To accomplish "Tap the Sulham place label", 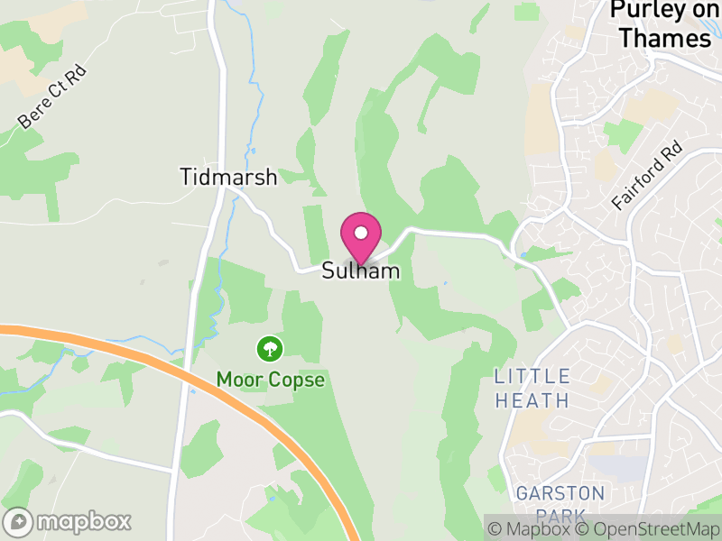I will pyautogui.click(x=360, y=270).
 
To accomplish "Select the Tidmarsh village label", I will pyautogui.click(x=228, y=177).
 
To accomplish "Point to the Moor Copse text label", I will pyautogui.click(x=270, y=380).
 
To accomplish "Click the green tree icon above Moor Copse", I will pyautogui.click(x=269, y=348).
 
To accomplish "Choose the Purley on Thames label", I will pyautogui.click(x=666, y=24).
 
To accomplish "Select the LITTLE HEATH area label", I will pyautogui.click(x=532, y=388).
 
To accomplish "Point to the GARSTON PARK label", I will pyautogui.click(x=560, y=504).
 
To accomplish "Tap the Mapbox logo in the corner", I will pyautogui.click(x=69, y=521).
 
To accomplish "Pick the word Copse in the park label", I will pyautogui.click(x=297, y=380).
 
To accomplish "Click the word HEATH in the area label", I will pyautogui.click(x=532, y=400).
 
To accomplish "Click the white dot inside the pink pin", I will pyautogui.click(x=361, y=233).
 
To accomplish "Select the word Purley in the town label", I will pyautogui.click(x=643, y=11).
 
